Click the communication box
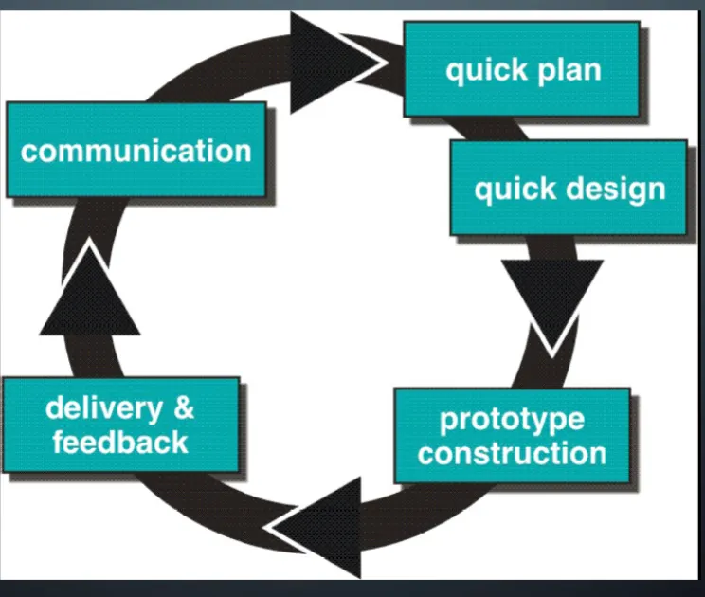(x=136, y=150)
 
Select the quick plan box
(x=522, y=69)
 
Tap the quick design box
(x=569, y=188)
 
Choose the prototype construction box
(x=512, y=436)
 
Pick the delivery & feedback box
(x=120, y=425)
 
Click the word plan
(x=566, y=69)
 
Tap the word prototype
(x=512, y=420)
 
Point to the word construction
(x=512, y=452)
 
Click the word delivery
(x=104, y=408)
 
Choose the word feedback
(x=120, y=442)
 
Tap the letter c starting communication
(x=28, y=152)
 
